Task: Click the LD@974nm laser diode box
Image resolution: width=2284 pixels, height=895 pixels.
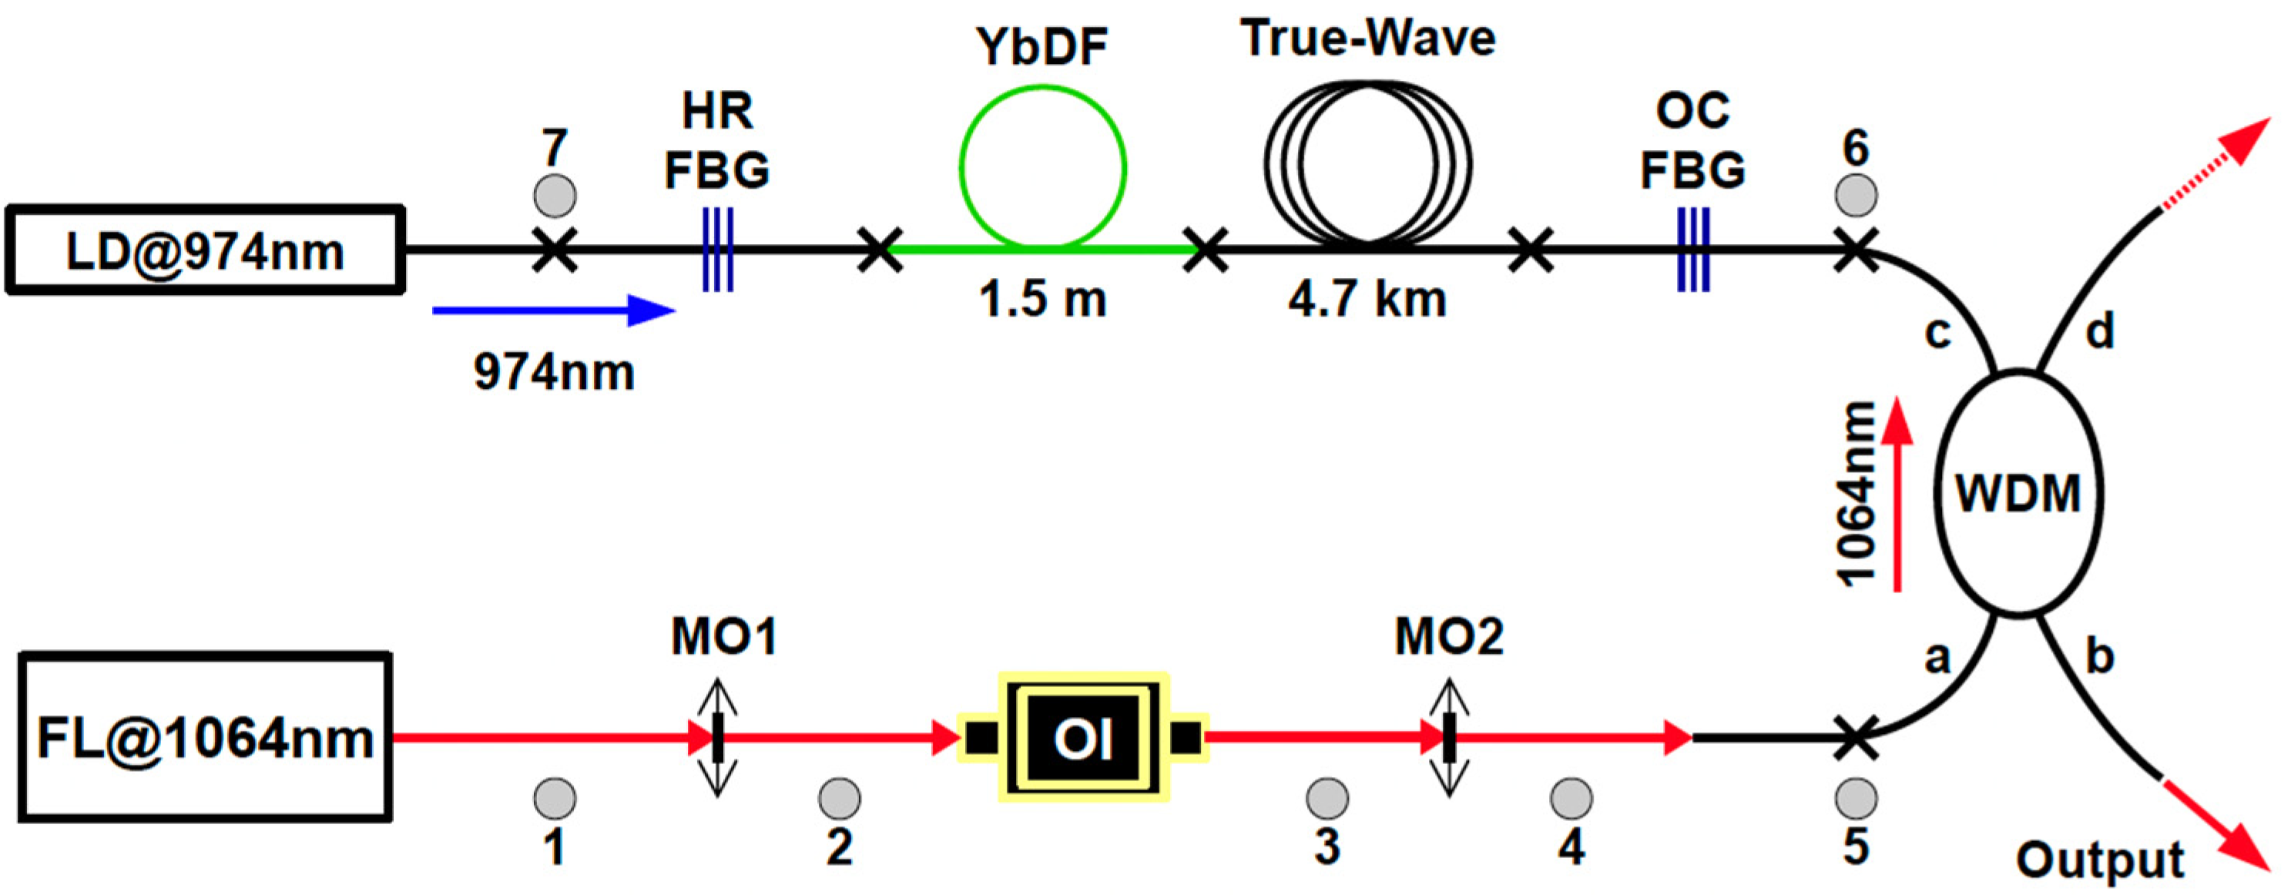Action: click(x=206, y=251)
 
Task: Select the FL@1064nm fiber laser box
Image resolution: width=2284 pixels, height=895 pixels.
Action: click(x=206, y=737)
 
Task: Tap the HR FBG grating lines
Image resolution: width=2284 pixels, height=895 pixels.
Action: click(x=717, y=250)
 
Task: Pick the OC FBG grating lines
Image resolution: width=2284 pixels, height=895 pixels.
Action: click(x=1692, y=250)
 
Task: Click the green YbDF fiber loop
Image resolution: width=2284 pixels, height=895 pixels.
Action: click(x=1043, y=166)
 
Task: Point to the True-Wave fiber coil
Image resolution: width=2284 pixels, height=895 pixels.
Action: click(x=1367, y=163)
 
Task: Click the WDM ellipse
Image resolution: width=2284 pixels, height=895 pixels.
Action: click(x=2018, y=493)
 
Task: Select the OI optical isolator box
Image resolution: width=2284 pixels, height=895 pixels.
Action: click(x=1082, y=737)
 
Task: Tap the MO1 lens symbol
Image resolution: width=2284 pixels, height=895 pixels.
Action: click(x=717, y=737)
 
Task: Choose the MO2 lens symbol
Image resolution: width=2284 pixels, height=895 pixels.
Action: click(x=1449, y=737)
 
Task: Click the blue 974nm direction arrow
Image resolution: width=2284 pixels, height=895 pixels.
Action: click(x=554, y=310)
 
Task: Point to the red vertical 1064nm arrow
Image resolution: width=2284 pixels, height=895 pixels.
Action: click(x=1897, y=496)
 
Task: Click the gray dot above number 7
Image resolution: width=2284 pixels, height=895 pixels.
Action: click(x=555, y=195)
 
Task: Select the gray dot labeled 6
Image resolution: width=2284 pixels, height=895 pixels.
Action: click(x=1856, y=195)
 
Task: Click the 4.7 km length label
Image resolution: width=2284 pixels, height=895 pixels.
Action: click(x=1367, y=299)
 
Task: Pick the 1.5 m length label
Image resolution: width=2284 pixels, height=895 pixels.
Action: click(x=1043, y=299)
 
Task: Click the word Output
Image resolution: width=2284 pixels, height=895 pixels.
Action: click(x=2100, y=860)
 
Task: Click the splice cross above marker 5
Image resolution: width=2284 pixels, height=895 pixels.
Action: click(x=1856, y=737)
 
